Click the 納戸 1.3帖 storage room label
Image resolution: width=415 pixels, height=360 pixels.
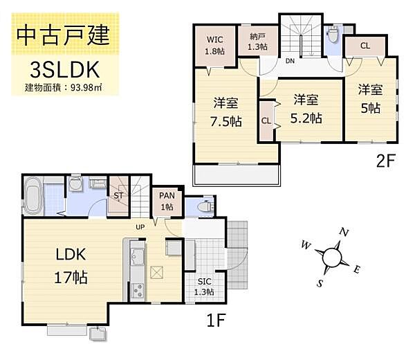[257, 43]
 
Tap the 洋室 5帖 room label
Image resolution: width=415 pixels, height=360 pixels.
[370, 98]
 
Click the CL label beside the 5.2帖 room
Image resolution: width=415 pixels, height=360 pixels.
[266, 120]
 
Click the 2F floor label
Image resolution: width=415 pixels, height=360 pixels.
[385, 161]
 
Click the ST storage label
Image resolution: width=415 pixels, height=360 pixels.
[118, 196]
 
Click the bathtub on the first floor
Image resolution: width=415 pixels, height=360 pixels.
[34, 193]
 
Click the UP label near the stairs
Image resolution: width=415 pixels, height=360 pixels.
[139, 227]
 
